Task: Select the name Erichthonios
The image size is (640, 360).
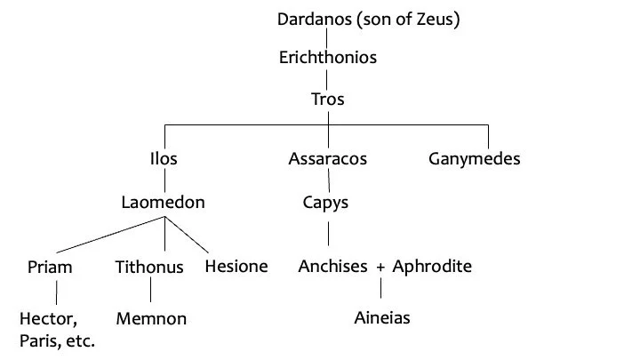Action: (x=328, y=58)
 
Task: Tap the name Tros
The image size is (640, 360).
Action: (x=328, y=99)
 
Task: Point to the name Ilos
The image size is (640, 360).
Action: (x=164, y=160)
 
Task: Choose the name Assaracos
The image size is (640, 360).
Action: (x=328, y=160)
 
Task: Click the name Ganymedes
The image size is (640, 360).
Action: (x=474, y=160)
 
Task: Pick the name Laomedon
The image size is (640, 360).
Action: (x=164, y=203)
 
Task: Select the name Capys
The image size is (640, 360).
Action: (x=326, y=204)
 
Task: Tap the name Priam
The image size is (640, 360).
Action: (x=50, y=267)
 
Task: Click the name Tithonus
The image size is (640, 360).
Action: (x=149, y=267)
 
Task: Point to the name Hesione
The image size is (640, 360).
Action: (x=236, y=267)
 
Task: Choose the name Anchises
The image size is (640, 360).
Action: (x=332, y=267)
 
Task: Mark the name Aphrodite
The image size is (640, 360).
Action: (x=433, y=267)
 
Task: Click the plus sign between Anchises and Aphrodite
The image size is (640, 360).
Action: (x=380, y=268)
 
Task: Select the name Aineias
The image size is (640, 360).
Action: (x=382, y=317)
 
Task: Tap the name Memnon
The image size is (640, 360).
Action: (x=151, y=318)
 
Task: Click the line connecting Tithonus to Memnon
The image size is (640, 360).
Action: (x=150, y=292)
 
